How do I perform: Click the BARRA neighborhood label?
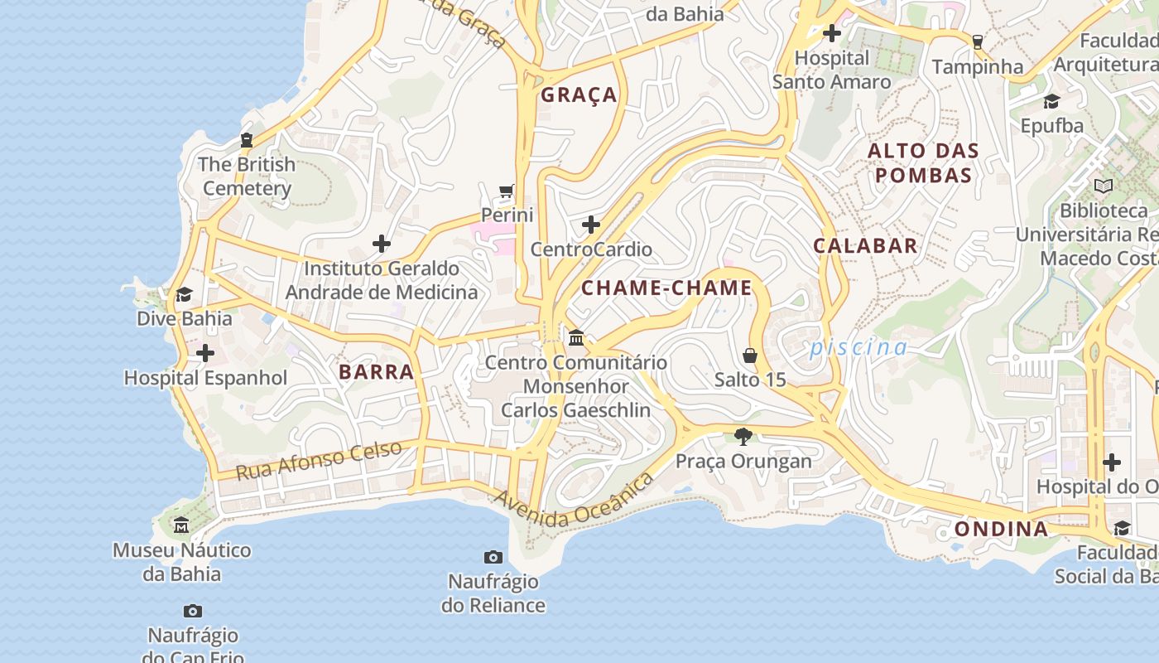pyautogui.click(x=376, y=372)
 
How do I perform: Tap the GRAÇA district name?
pyautogui.click(x=579, y=95)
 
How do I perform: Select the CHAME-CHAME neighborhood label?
pyautogui.click(x=666, y=288)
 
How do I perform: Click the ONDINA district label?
pyautogui.click(x=1001, y=530)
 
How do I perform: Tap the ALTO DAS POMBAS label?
pyautogui.click(x=923, y=163)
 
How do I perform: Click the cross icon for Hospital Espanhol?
pyautogui.click(x=204, y=354)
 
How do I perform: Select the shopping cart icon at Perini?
pyautogui.click(x=507, y=191)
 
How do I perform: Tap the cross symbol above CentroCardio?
pyautogui.click(x=591, y=225)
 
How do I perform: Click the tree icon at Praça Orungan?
pyautogui.click(x=743, y=436)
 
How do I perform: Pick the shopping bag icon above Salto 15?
pyautogui.click(x=750, y=356)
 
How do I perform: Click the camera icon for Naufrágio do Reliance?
pyautogui.click(x=493, y=557)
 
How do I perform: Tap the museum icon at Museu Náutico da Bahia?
pyautogui.click(x=181, y=525)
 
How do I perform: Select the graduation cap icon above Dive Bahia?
pyautogui.click(x=184, y=295)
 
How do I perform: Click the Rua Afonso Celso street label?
pyautogui.click(x=319, y=461)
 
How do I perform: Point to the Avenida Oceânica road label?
pyautogui.click(x=574, y=500)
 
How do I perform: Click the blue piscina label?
pyautogui.click(x=858, y=347)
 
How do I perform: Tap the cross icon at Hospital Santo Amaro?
pyautogui.click(x=832, y=34)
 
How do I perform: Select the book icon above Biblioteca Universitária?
pyautogui.click(x=1104, y=186)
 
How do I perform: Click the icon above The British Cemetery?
pyautogui.click(x=247, y=140)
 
